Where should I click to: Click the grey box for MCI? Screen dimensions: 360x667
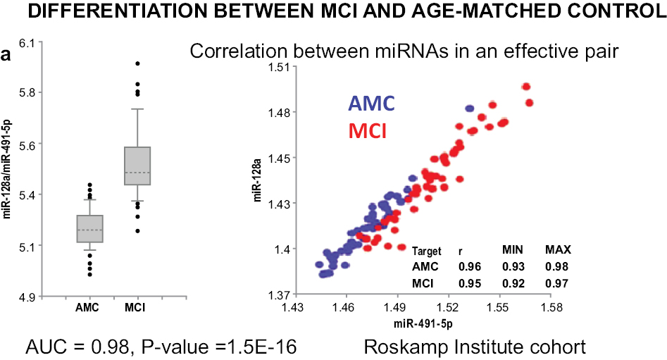(x=137, y=166)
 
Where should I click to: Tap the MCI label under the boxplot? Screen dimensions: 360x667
(x=137, y=308)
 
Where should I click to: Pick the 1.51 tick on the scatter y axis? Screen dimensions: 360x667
(x=279, y=67)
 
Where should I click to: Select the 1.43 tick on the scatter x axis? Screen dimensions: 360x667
(x=292, y=309)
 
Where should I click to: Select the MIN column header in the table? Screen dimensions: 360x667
(x=512, y=251)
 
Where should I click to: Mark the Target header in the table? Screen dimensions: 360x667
(x=427, y=251)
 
